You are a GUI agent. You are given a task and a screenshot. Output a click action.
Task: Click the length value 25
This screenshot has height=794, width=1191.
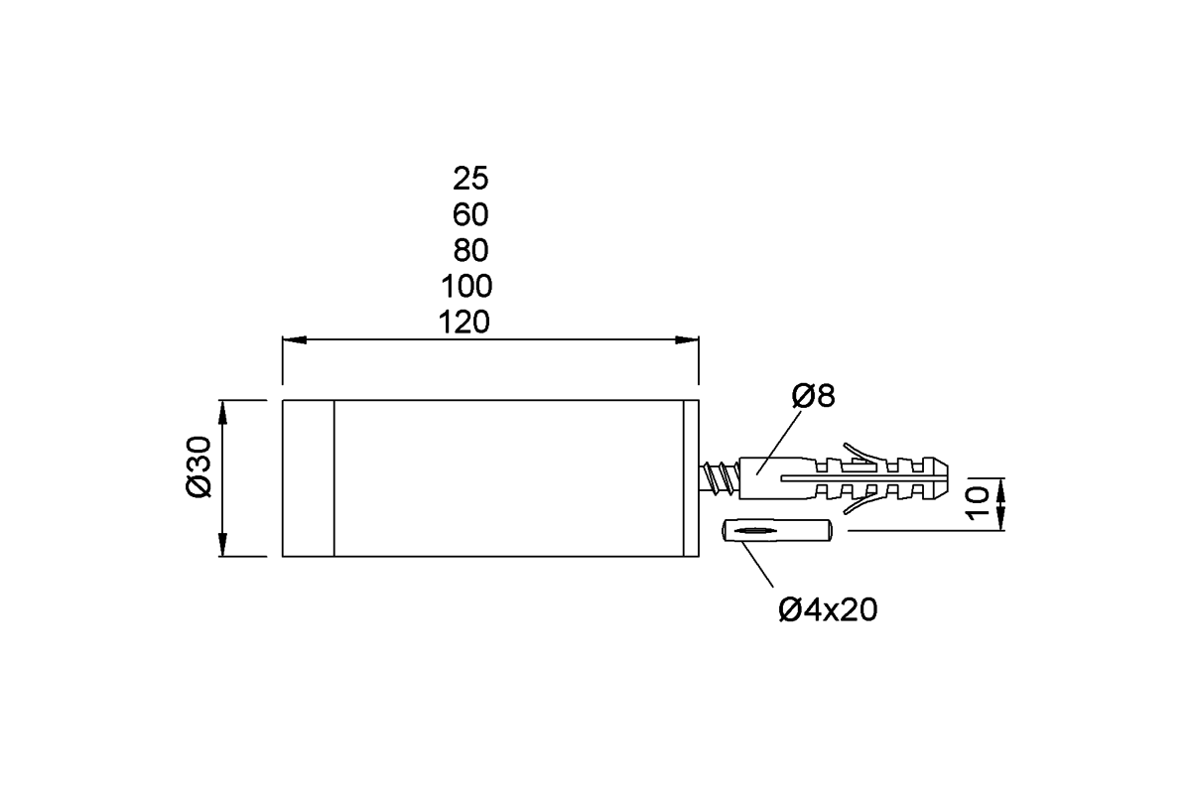click(x=470, y=179)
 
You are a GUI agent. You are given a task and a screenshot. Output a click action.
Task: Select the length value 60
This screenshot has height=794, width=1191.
click(x=470, y=214)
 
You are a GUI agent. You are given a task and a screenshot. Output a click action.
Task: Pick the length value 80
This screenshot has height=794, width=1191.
click(x=470, y=250)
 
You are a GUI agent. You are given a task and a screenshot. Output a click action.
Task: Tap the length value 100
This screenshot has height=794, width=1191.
click(x=466, y=286)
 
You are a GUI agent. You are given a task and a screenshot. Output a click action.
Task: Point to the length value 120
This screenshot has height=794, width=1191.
click(x=464, y=323)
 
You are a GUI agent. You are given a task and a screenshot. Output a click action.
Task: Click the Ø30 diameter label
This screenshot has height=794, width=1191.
click(x=198, y=466)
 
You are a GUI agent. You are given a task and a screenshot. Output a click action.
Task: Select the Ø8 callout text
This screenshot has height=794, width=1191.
click(x=814, y=396)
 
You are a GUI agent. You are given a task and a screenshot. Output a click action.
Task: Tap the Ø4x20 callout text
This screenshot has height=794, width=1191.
click(x=828, y=610)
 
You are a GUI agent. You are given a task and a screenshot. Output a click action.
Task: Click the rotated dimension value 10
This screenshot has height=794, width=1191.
click(x=978, y=503)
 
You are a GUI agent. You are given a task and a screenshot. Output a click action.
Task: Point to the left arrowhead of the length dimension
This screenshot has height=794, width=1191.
click(x=295, y=339)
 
